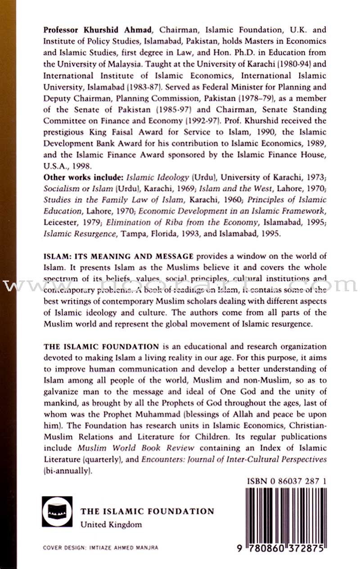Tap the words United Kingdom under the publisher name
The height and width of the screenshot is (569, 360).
coord(111,524)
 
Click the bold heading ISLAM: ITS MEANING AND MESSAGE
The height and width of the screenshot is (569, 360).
coord(118,256)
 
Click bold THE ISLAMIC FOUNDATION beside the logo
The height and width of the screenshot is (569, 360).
coord(147,511)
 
